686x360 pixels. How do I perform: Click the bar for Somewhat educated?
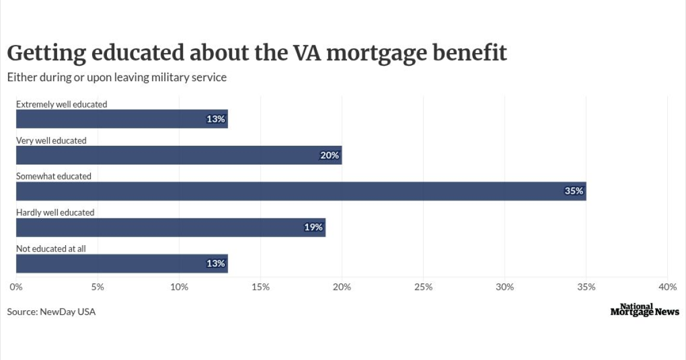[301, 191]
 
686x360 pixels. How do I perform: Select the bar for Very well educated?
[179, 155]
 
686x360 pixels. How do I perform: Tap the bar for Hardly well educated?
[170, 227]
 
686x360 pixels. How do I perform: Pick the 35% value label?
[573, 191]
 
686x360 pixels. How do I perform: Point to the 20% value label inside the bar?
[330, 155]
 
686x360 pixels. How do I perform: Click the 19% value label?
[313, 227]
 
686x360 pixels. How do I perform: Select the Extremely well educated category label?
[62, 105]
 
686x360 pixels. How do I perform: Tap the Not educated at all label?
[51, 249]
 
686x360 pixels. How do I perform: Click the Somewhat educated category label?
[54, 177]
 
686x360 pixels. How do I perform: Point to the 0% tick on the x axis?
[16, 287]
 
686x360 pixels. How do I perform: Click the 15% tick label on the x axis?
[261, 287]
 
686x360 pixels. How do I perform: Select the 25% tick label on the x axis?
[423, 287]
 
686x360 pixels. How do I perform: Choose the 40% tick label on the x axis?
[667, 287]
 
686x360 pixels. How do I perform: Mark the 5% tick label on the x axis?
[98, 287]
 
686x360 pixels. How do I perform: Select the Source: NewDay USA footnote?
[51, 312]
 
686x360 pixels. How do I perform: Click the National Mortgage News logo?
[645, 310]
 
